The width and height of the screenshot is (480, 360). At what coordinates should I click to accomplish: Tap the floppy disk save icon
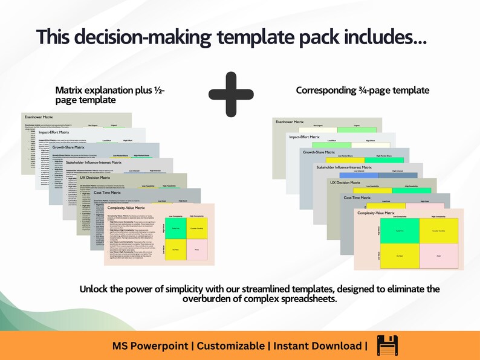388,346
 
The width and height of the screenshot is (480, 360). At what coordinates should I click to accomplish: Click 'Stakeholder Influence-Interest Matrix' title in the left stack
94,162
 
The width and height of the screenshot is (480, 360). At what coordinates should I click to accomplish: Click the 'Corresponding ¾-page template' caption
363,91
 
